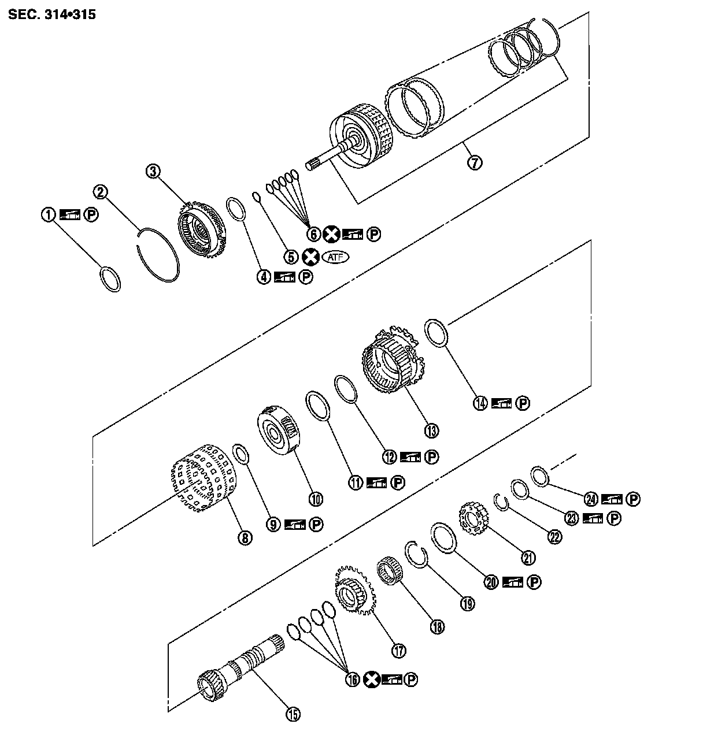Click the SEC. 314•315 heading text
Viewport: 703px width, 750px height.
[x=51, y=14]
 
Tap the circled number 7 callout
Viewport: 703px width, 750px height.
[x=474, y=162]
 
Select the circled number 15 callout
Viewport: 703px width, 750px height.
[x=293, y=714]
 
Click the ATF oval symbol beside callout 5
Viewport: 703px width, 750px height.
[x=337, y=257]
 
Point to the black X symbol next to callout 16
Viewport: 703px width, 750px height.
[x=372, y=680]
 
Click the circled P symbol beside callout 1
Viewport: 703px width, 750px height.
[x=91, y=214]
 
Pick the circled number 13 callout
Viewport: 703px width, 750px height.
[x=431, y=430]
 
